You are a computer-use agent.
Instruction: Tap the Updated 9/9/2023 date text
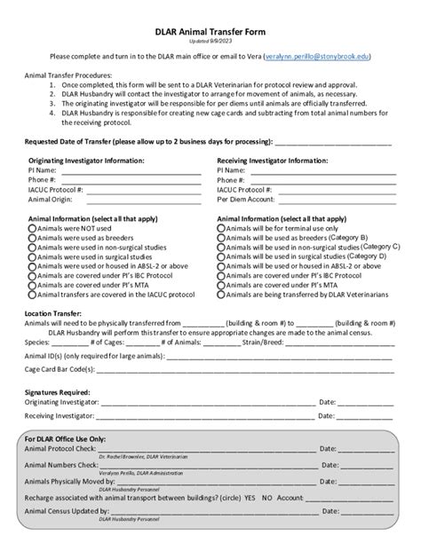pos(210,42)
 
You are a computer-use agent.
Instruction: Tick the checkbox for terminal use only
pos(221,227)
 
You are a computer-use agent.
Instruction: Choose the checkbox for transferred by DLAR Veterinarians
pos(221,294)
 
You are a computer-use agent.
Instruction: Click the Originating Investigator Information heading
pos(85,161)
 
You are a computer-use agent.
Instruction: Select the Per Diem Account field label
pos(248,199)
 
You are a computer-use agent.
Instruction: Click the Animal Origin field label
pos(50,199)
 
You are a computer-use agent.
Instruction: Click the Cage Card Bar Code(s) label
pos(58,368)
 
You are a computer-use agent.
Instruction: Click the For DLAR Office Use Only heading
pos(66,438)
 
